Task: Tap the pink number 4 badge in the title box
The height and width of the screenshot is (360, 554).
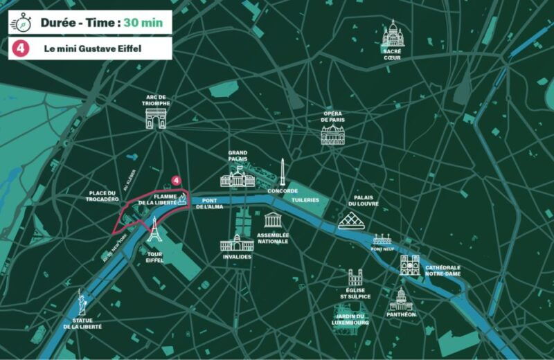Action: pyautogui.click(x=21, y=48)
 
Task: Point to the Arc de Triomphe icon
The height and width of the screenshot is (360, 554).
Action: pyautogui.click(x=157, y=118)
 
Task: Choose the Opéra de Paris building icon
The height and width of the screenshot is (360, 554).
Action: pyautogui.click(x=333, y=134)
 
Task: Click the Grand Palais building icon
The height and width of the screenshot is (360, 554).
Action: pyautogui.click(x=238, y=178)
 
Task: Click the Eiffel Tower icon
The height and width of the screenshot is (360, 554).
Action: pyautogui.click(x=154, y=231)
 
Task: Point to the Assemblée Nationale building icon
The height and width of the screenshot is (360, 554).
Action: pyautogui.click(x=274, y=220)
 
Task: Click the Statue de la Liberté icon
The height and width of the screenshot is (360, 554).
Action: pyautogui.click(x=82, y=302)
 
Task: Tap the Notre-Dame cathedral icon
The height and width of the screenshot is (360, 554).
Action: pyautogui.click(x=410, y=265)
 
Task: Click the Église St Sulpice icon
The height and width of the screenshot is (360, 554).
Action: pyautogui.click(x=355, y=278)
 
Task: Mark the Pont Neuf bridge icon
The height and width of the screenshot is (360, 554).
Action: pyautogui.click(x=382, y=240)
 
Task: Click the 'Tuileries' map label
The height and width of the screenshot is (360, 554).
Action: pyautogui.click(x=305, y=200)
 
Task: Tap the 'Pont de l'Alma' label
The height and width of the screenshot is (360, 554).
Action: pyautogui.click(x=208, y=204)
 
